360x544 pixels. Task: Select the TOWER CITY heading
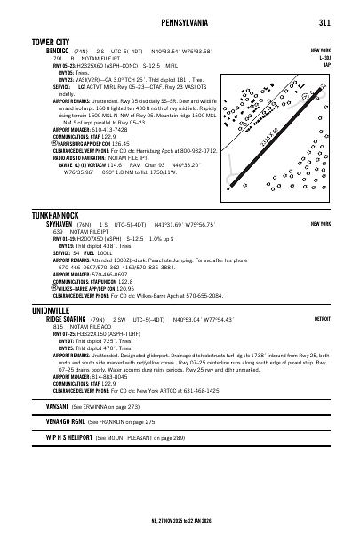click(51, 42)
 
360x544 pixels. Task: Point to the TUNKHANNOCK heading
click(56, 215)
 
